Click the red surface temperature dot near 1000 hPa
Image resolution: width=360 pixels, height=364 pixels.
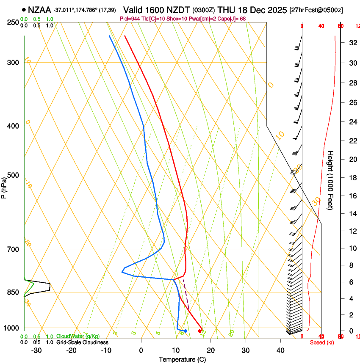click(200, 331)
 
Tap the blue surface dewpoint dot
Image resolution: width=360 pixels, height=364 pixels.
click(186, 331)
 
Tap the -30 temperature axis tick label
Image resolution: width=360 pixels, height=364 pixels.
click(37, 350)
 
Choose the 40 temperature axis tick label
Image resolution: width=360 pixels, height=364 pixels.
click(280, 350)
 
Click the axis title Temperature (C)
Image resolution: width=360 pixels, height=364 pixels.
click(182, 359)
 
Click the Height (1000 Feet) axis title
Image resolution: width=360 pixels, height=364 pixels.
click(330, 180)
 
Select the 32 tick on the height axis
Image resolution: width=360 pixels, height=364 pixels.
click(351, 42)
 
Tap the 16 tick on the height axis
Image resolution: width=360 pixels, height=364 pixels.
click(351, 196)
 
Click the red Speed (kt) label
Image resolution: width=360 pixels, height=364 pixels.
click(322, 342)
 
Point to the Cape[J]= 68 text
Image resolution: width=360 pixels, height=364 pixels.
click(240, 19)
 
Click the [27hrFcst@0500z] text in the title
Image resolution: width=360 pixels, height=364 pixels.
click(316, 10)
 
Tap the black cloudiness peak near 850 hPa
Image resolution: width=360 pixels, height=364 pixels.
click(50, 287)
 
